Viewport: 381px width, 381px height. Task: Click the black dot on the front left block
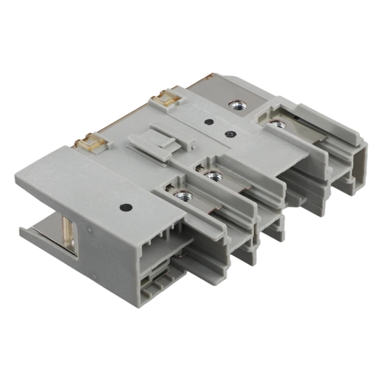(x=125, y=207)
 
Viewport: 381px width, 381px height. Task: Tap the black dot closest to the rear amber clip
(x=209, y=122)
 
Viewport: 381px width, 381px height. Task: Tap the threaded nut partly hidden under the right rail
(x=277, y=125)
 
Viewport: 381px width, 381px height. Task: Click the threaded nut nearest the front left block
(x=182, y=196)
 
